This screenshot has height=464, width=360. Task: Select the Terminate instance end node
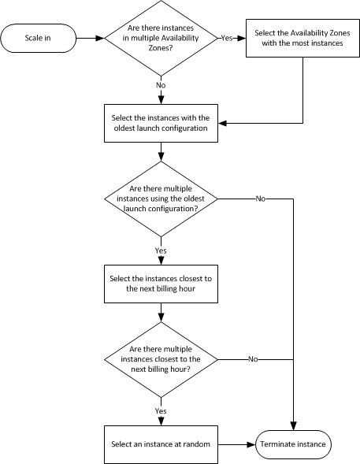coord(294,444)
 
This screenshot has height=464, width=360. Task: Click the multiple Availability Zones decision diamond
coord(161,36)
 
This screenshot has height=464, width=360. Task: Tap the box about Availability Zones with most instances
coord(303,36)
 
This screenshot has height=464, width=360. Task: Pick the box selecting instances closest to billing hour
coord(161,283)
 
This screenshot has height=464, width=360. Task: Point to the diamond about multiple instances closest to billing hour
coord(161,358)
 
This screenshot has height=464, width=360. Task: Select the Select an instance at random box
coord(161,444)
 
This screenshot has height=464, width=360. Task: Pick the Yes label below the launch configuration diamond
coord(161,250)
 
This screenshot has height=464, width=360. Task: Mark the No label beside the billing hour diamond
coord(253,358)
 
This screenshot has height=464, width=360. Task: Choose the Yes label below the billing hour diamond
coord(161,410)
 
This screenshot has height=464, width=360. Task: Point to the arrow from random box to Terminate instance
coord(236,444)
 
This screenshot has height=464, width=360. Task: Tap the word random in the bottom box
coord(196,444)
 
